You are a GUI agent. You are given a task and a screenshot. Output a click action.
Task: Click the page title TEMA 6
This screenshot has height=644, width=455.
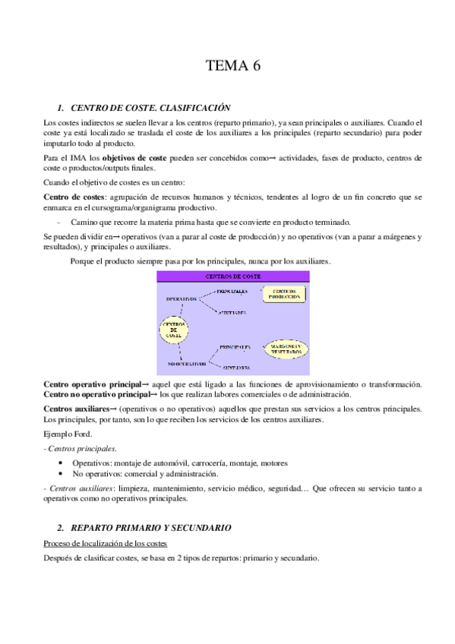coord(233,66)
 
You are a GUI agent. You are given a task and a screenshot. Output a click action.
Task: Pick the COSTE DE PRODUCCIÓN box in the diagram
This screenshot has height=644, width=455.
coord(283,293)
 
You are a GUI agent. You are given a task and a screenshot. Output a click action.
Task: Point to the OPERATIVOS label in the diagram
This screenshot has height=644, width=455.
coord(182,298)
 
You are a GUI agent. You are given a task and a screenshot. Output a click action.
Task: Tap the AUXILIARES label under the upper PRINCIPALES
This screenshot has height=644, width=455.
coord(232,312)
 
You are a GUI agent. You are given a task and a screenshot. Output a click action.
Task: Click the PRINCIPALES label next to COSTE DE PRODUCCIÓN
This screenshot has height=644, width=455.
coord(232,291)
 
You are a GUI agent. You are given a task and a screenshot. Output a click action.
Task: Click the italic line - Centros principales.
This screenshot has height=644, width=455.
coord(75,449)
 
